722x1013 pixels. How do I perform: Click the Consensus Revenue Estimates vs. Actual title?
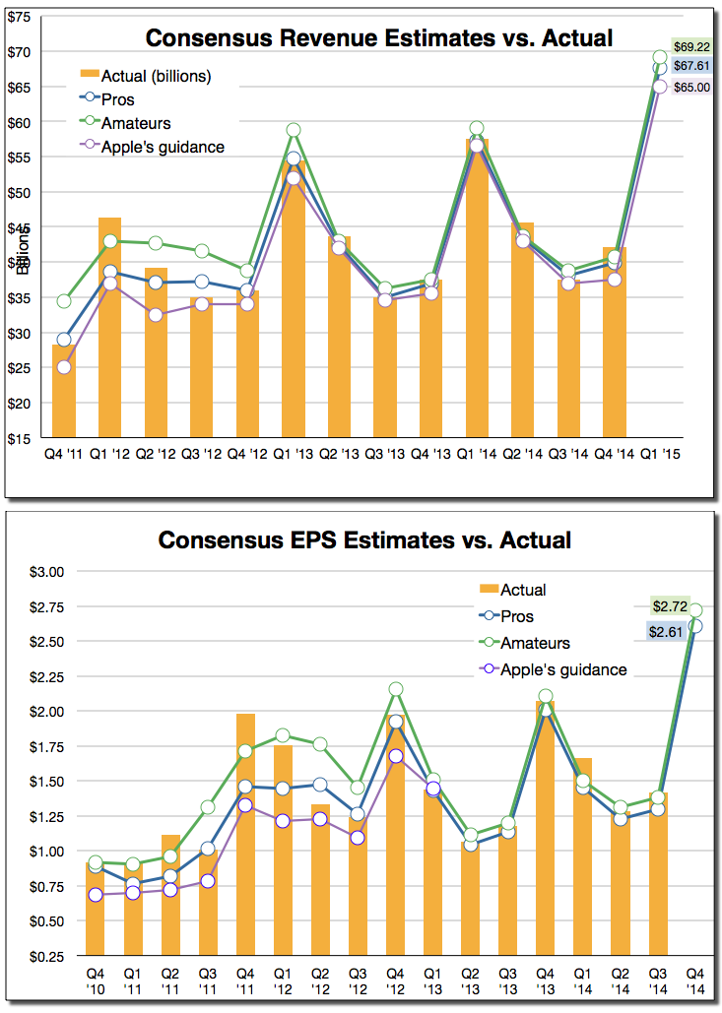tap(379, 38)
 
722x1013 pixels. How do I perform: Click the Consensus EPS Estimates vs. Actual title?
tap(364, 540)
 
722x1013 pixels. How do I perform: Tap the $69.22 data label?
tap(692, 46)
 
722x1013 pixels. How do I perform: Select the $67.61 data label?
tap(692, 66)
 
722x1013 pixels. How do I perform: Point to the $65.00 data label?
tap(692, 88)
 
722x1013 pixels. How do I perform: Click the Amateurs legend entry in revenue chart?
tap(134, 123)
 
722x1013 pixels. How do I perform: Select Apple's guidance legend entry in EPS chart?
tap(563, 669)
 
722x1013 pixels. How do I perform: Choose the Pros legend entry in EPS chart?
tap(517, 616)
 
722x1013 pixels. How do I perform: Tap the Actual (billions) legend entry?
tap(158, 76)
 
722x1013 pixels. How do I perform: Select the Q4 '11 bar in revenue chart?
tap(64, 391)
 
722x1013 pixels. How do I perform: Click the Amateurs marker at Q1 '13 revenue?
tap(294, 130)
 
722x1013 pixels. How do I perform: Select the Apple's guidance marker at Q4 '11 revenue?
tap(64, 367)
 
